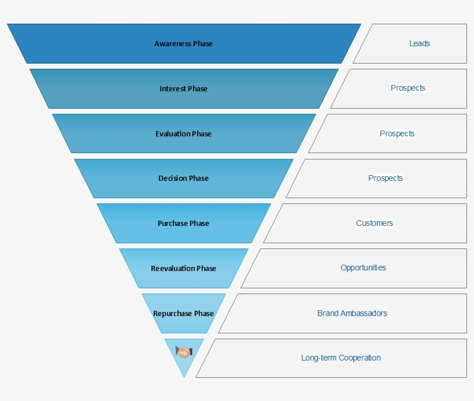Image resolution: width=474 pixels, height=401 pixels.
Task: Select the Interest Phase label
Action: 183,89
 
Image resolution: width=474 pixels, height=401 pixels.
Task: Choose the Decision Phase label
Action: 183,179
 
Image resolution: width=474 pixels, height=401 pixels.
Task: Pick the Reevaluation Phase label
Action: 183,269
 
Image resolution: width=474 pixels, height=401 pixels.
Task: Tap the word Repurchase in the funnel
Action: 172,314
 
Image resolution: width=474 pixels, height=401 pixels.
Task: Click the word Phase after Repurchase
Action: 204,314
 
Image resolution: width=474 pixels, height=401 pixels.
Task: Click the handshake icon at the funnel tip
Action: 184,352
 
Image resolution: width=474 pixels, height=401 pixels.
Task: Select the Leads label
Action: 419,43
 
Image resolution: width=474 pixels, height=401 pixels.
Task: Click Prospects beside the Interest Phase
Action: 408,88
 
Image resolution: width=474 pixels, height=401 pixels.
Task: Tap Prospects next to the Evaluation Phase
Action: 397,133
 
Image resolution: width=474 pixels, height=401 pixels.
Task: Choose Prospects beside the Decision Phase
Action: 385,178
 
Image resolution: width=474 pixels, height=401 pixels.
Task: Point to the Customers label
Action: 374,223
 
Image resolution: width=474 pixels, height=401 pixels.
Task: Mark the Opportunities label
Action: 363,268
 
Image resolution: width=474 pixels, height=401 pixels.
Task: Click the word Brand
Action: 328,314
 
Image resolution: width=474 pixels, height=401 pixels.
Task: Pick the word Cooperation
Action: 360,358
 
